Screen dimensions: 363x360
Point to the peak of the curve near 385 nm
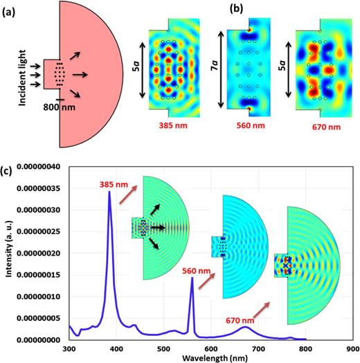click(x=109, y=192)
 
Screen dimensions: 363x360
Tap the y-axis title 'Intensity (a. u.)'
click(x=8, y=254)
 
